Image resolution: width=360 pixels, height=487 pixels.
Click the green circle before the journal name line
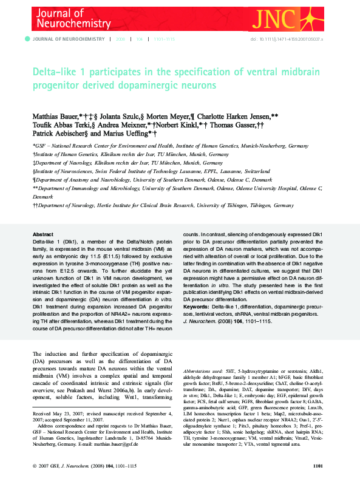point(27,39)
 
